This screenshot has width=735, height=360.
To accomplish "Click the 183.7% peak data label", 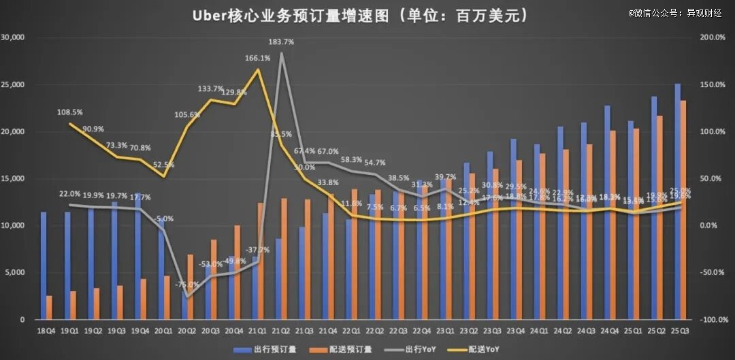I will pos(282,42).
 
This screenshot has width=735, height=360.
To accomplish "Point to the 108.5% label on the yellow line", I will pos(70,112).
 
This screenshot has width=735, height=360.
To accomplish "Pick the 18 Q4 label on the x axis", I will pos(46,331).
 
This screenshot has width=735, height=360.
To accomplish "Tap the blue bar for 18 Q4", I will pos(44,265).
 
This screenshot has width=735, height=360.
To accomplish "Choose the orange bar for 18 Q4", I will pos(50,308).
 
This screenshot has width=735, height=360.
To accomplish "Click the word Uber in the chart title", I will pos(212,15).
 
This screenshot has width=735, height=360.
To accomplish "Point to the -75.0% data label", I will pos(183,285).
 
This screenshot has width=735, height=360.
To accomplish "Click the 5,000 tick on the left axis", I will pos(16,273).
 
